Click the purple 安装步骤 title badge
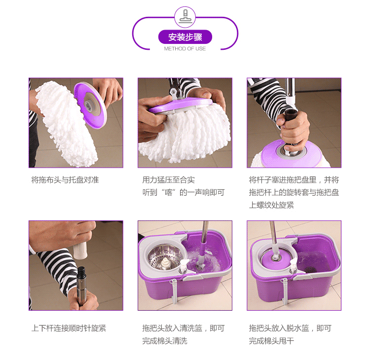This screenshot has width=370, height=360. (x=185, y=37)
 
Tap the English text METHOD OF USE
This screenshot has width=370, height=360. (x=185, y=49)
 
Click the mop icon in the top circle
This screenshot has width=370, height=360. (x=185, y=17)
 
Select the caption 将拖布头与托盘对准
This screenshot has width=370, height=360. (x=65, y=180)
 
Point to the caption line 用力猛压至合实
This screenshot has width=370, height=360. (x=169, y=180)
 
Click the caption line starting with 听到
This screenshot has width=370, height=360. (x=184, y=192)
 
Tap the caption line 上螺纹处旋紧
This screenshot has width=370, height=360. (x=271, y=205)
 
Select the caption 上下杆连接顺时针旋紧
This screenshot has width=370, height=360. (x=69, y=328)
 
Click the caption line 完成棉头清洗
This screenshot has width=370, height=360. (x=165, y=341)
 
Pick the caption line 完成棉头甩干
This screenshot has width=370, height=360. (x=271, y=341)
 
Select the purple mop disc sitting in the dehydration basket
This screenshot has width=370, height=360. (x=275, y=258)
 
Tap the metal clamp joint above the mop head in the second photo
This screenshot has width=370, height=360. (x=174, y=90)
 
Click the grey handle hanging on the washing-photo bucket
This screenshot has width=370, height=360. (x=174, y=291)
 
